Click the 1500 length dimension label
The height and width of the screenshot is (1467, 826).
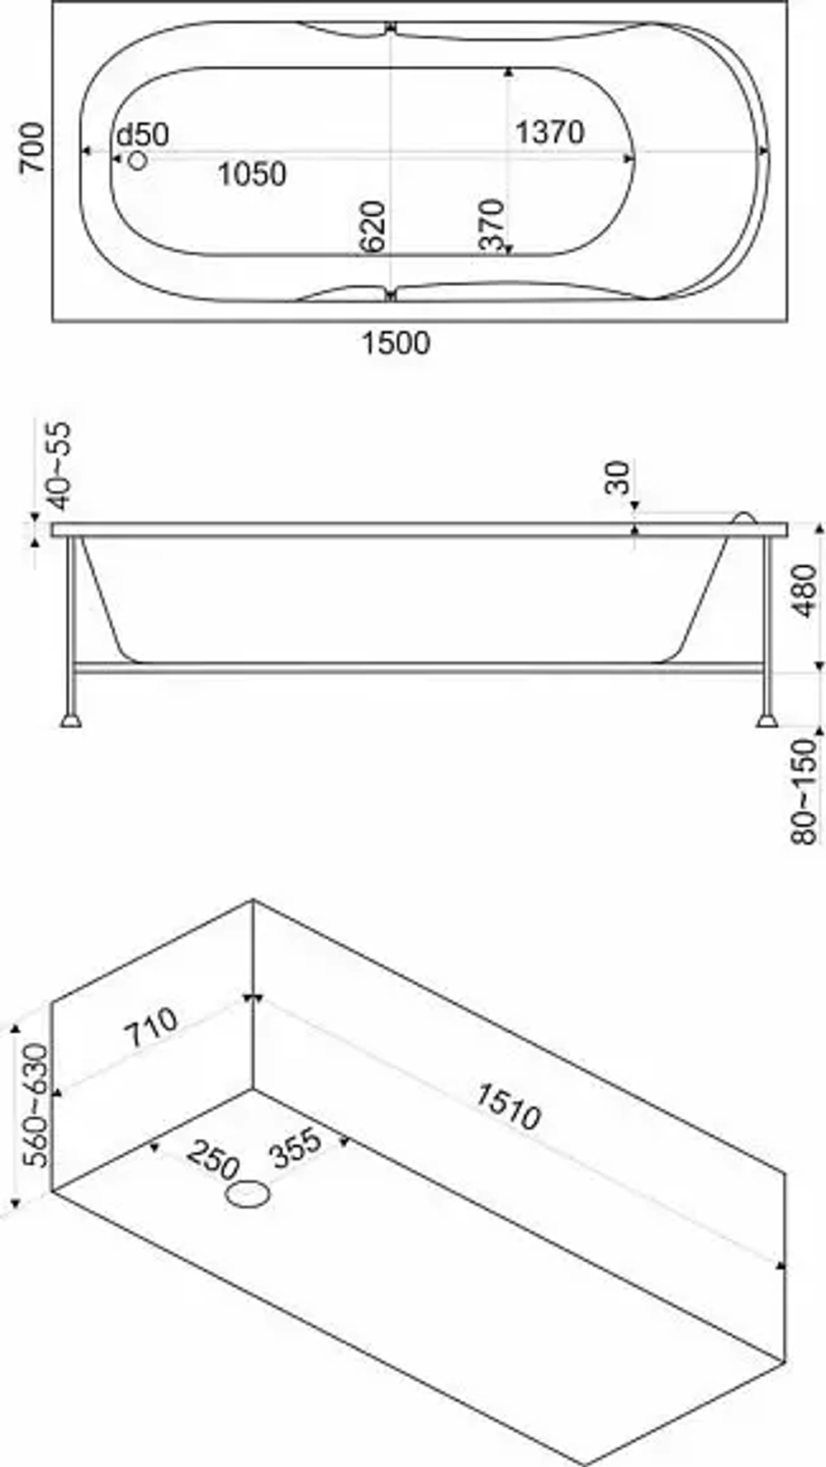396,342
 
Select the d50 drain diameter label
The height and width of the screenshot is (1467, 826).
142,134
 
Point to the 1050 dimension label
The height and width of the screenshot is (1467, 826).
252,174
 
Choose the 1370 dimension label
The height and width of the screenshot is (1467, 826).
549,131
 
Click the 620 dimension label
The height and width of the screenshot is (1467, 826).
373,226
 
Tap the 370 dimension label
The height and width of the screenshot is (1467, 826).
491,225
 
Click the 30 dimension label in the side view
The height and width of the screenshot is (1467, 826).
618,478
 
